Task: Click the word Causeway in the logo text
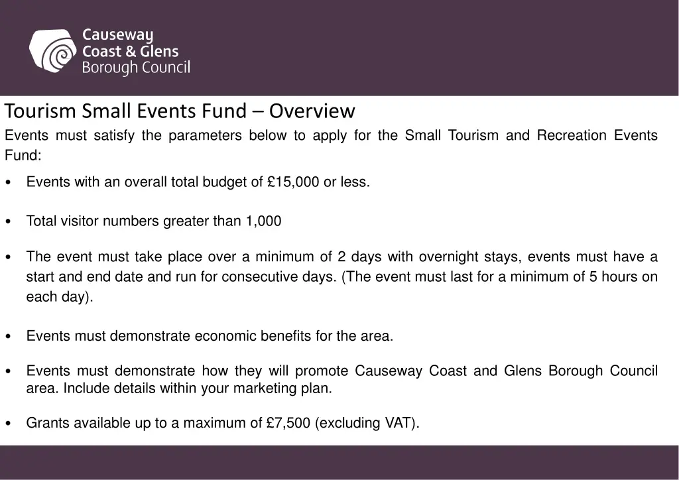(x=117, y=34)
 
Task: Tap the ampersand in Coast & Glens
(x=131, y=51)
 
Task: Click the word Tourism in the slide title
(x=42, y=111)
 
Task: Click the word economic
(x=225, y=336)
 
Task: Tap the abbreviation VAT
(x=399, y=423)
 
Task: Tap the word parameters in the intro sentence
(x=205, y=135)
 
